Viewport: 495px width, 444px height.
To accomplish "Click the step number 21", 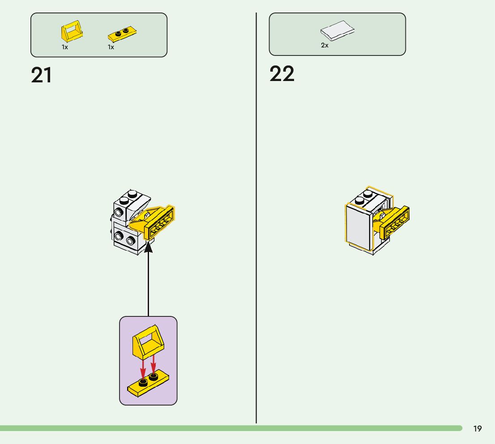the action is point(41,75).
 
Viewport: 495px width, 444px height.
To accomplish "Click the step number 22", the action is point(282,74).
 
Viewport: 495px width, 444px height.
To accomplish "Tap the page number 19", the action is point(478,429).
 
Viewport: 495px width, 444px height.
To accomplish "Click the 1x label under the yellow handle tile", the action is point(65,47).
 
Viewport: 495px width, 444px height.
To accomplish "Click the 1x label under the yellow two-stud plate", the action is point(111,47).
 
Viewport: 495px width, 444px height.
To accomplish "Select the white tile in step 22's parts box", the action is point(337,30).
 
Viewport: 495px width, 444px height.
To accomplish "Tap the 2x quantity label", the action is point(324,45).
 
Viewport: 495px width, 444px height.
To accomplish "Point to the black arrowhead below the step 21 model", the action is point(148,247).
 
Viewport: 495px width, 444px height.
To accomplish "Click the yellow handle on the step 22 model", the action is point(393,222).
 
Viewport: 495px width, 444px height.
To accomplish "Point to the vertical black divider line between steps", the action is point(256,224).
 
